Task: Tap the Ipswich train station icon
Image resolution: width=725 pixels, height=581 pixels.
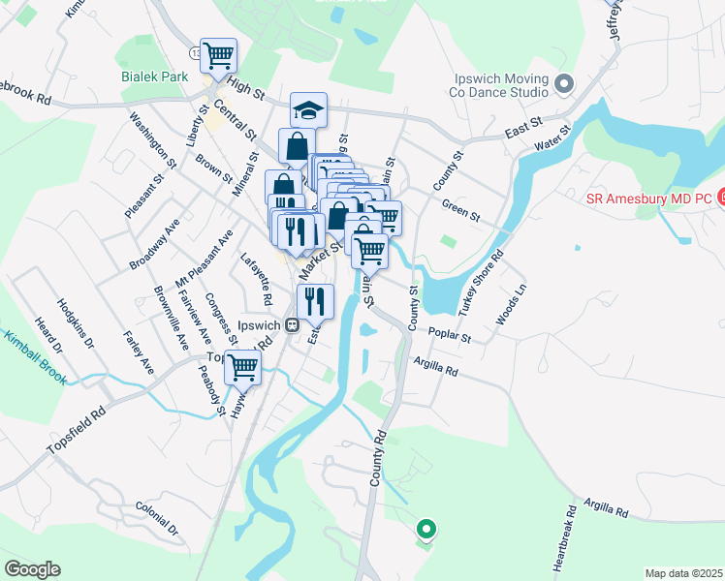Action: tap(292, 325)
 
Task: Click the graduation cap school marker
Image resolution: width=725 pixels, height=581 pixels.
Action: tap(308, 109)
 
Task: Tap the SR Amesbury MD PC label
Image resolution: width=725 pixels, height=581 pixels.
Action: tap(649, 199)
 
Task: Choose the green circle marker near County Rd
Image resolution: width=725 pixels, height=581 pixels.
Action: tap(425, 529)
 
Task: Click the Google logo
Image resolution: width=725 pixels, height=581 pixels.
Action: tap(31, 569)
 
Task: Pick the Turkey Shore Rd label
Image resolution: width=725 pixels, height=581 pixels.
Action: tap(485, 281)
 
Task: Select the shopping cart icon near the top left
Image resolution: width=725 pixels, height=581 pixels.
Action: tap(219, 55)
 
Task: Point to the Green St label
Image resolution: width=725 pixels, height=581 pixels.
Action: tap(460, 209)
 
